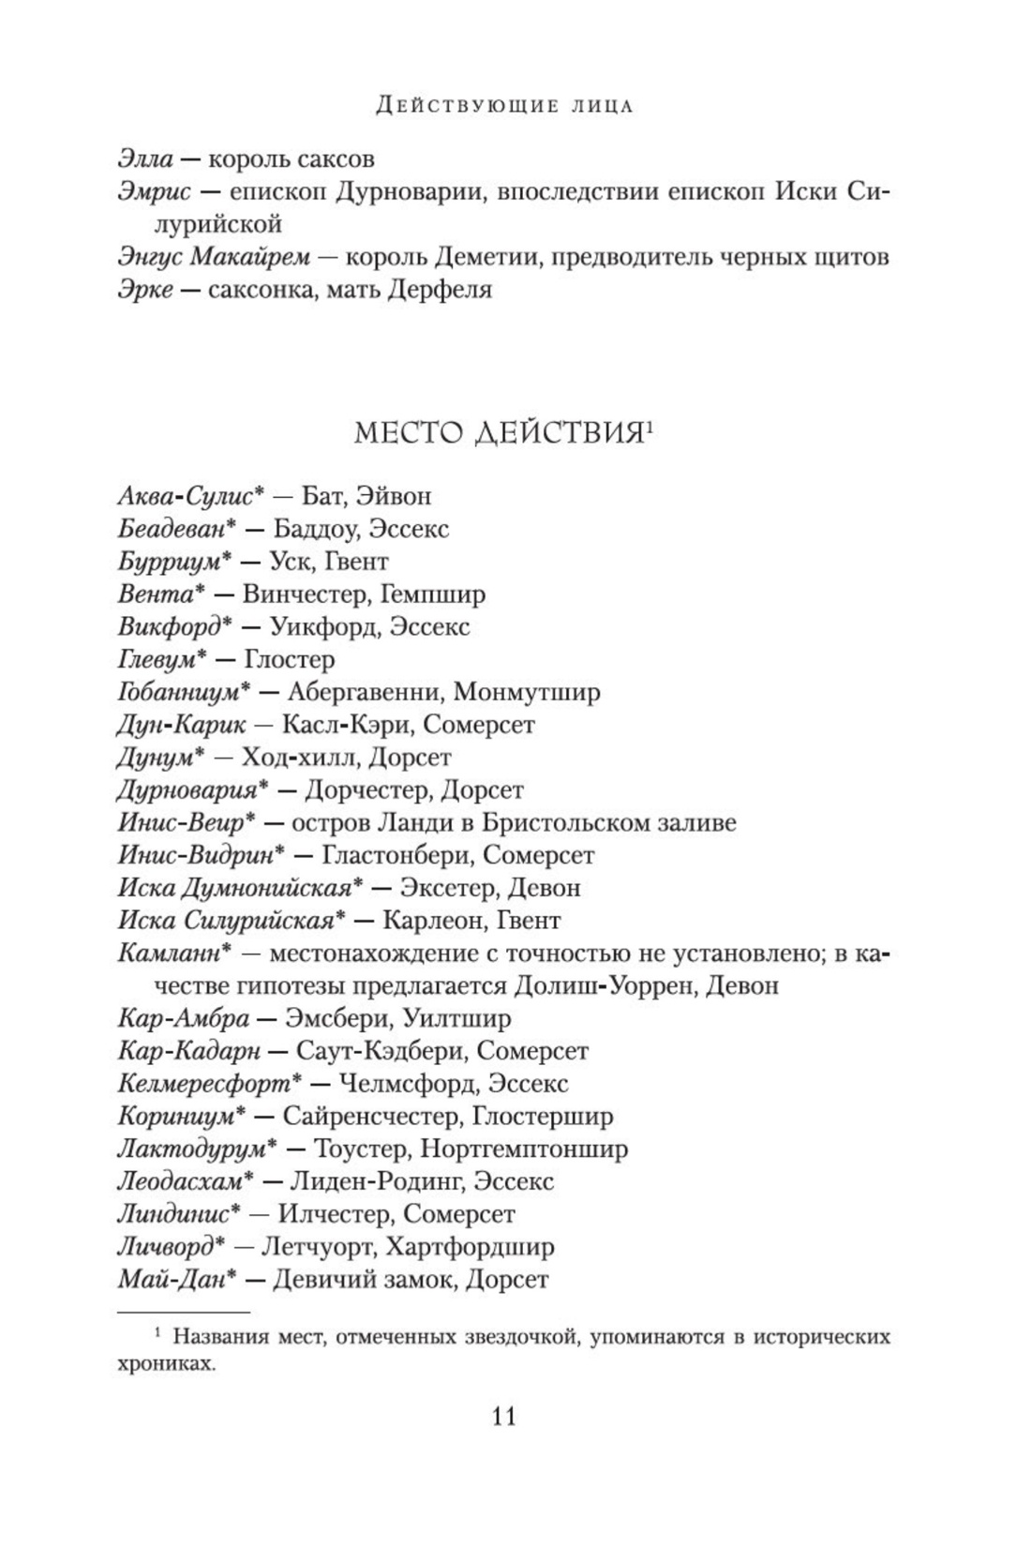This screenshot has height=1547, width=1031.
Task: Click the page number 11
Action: [503, 1416]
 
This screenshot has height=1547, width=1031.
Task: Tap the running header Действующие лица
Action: [504, 106]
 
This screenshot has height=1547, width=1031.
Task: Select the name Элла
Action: [145, 159]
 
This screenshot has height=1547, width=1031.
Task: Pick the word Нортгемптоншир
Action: [524, 1149]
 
